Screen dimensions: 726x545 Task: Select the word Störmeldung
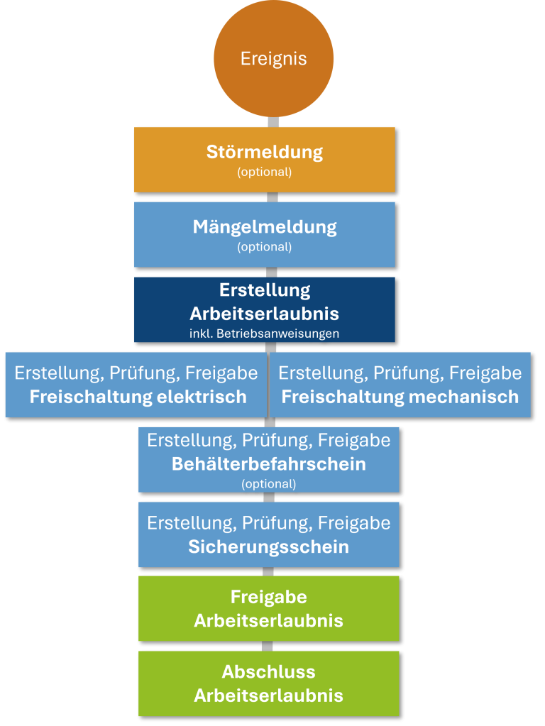[265, 152]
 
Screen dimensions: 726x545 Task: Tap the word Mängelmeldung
[265, 227]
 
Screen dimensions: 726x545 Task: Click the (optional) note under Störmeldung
[265, 172]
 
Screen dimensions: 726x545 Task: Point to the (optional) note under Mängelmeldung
[265, 247]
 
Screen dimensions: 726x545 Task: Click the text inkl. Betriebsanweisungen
[265, 333]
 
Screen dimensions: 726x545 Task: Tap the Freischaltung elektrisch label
[138, 397]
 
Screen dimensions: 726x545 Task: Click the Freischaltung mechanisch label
[400, 397]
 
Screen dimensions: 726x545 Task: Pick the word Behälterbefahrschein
[269, 465]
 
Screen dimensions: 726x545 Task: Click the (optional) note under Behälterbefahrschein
[269, 484]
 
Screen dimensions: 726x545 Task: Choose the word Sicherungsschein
[269, 547]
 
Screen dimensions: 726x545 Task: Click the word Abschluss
[269, 672]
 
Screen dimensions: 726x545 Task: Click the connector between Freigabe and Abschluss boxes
[268, 646]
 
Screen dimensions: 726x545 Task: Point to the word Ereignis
[273, 58]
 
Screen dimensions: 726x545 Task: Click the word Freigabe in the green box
[269, 597]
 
